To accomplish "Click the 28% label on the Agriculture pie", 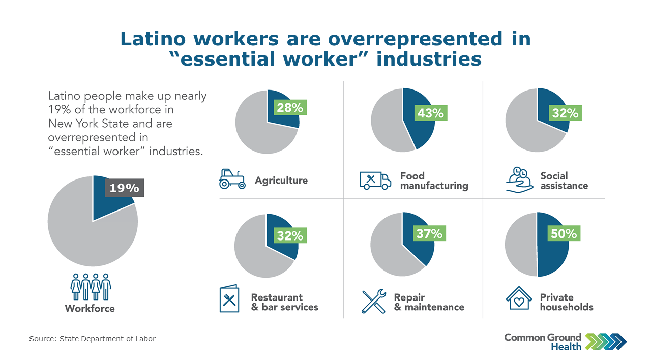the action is [290, 107].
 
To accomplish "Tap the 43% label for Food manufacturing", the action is [431, 113].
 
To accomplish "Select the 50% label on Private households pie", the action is [564, 233].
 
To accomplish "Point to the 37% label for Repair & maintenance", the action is [429, 233].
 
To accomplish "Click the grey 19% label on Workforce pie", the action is [125, 188].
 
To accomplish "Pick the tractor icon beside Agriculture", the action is [232, 179].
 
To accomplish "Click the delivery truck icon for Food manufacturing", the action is [375, 181].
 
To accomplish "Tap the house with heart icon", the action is [519, 298].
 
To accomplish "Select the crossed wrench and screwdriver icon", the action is [374, 302].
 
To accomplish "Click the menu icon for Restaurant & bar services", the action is [229, 298].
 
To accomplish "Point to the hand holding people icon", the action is [519, 179].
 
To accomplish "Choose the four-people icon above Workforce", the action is [91, 286].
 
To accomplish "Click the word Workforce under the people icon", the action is [90, 308].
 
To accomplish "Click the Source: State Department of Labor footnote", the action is [93, 339].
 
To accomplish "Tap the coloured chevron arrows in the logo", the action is [606, 342].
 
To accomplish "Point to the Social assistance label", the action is [564, 181].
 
